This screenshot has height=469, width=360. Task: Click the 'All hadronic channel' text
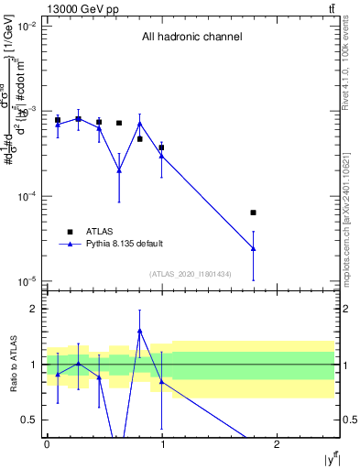pos(191,38)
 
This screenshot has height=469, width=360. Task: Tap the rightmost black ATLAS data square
pos(253,213)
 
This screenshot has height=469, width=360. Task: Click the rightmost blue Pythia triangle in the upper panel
pos(253,248)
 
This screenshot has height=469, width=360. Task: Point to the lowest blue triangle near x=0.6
pos(119,169)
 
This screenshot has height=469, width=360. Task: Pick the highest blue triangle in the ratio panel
pos(140,331)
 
